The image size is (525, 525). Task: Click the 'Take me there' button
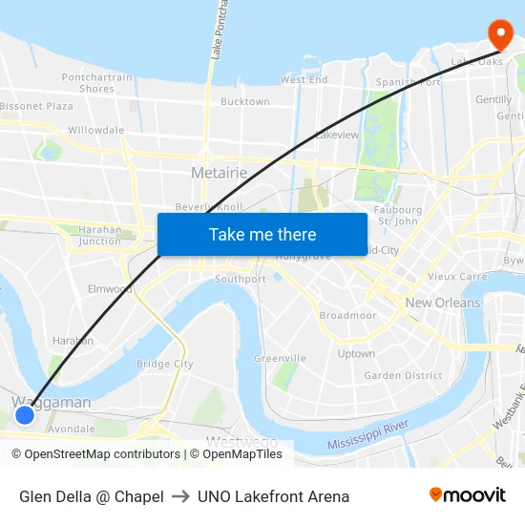pos(262,234)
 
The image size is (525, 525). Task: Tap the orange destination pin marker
pos(500,34)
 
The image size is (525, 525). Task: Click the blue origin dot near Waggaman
pos(25,415)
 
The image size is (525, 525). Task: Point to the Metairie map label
pos(219,173)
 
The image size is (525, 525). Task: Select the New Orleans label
pos(443,303)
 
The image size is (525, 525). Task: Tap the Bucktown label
pos(245,101)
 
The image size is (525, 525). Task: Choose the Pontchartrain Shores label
pos(97,83)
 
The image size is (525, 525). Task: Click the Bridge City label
pos(164,364)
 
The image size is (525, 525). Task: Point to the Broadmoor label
pos(347,315)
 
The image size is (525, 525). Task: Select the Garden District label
pos(403,375)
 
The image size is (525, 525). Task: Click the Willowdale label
pos(96,130)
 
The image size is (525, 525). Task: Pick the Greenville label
pos(280,358)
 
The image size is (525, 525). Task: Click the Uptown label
pos(356,353)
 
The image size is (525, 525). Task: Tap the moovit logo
pos(468,495)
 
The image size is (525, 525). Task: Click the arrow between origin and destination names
pos(180,496)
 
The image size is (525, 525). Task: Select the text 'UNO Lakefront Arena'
pos(273,496)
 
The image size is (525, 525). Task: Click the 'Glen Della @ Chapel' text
pos(92,496)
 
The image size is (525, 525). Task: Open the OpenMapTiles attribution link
pos(242,454)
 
